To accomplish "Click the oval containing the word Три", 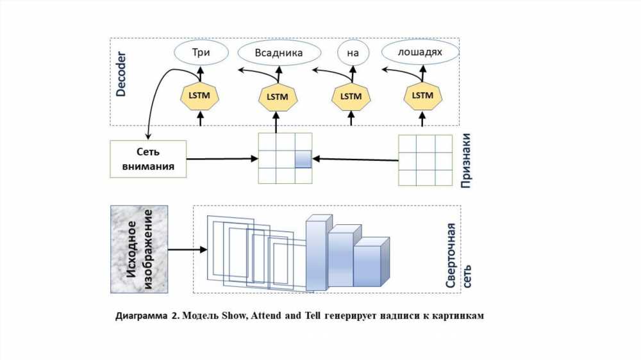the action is [201, 53].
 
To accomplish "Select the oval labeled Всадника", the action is [279, 53].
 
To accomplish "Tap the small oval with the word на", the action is [353, 53].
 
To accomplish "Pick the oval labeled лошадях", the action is [420, 52].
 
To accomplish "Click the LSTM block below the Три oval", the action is [199, 95].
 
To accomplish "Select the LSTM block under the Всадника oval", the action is [278, 97].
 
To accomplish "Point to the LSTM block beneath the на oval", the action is [351, 97].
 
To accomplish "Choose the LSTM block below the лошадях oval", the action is [422, 95].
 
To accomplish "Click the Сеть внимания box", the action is [148, 159].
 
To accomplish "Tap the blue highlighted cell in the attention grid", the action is [303, 159].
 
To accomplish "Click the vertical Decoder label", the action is [121, 74].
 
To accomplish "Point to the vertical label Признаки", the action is [465, 161].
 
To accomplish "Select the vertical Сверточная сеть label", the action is [458, 256].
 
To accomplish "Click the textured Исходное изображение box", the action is [139, 249].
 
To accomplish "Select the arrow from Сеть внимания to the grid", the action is [222, 159].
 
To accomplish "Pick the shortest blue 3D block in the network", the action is [371, 262].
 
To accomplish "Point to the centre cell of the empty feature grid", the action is [426, 161].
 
